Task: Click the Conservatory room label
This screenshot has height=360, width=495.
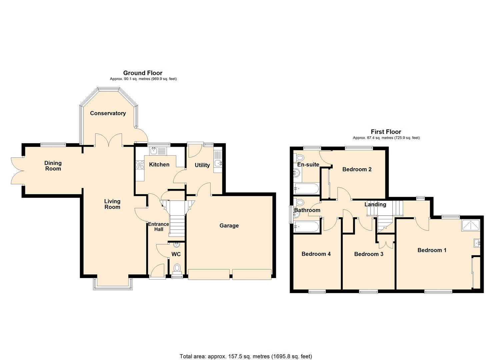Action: point(108,113)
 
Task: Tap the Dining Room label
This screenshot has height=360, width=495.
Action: point(53,166)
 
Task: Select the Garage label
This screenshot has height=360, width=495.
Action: point(229,226)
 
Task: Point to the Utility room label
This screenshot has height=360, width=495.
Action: point(202,165)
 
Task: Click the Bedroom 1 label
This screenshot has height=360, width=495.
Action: point(432,250)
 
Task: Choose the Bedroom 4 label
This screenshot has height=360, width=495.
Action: point(316,254)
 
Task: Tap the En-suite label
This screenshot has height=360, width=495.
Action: point(308,164)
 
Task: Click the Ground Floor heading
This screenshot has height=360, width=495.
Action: point(143,73)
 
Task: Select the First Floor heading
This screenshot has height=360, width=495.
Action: point(386,132)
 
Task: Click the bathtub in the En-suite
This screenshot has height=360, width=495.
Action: point(306,189)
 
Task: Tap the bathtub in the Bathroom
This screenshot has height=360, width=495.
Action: point(306,227)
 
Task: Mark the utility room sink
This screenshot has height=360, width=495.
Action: point(218,163)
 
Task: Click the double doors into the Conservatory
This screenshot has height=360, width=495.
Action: point(109,140)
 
